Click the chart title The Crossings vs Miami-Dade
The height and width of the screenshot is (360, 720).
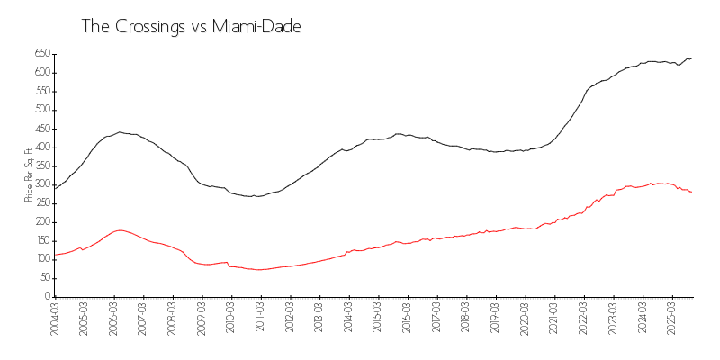[x=191, y=27]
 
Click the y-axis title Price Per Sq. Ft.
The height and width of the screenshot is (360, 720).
[x=29, y=175]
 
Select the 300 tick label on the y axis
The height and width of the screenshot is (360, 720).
[x=41, y=184]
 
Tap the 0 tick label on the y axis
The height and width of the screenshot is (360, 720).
[x=47, y=296]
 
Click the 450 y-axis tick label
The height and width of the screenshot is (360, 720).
[x=41, y=129]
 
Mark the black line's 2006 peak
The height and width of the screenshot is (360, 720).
[x=120, y=132]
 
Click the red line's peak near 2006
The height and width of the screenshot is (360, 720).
[x=120, y=230]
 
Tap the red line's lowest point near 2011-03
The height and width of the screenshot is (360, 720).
[x=259, y=269]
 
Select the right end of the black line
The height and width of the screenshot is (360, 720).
[x=691, y=58]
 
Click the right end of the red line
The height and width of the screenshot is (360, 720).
[x=691, y=192]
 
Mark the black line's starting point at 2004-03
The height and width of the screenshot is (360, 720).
[x=56, y=188]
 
